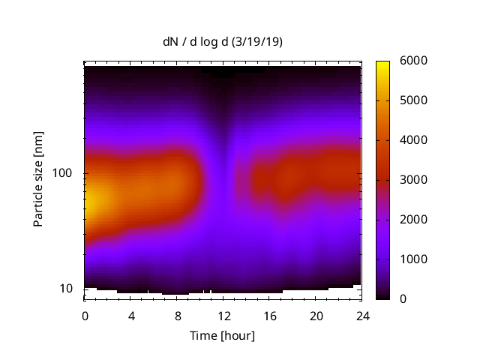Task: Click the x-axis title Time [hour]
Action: point(223,335)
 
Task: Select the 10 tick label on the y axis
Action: point(68,289)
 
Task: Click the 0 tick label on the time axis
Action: point(85,315)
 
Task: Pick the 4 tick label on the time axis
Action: point(131,315)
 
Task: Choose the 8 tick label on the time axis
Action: point(177,315)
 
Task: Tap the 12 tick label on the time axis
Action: point(223,315)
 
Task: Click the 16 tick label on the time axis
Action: point(269,315)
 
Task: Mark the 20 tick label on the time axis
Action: point(316,315)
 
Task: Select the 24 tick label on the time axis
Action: point(361,315)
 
